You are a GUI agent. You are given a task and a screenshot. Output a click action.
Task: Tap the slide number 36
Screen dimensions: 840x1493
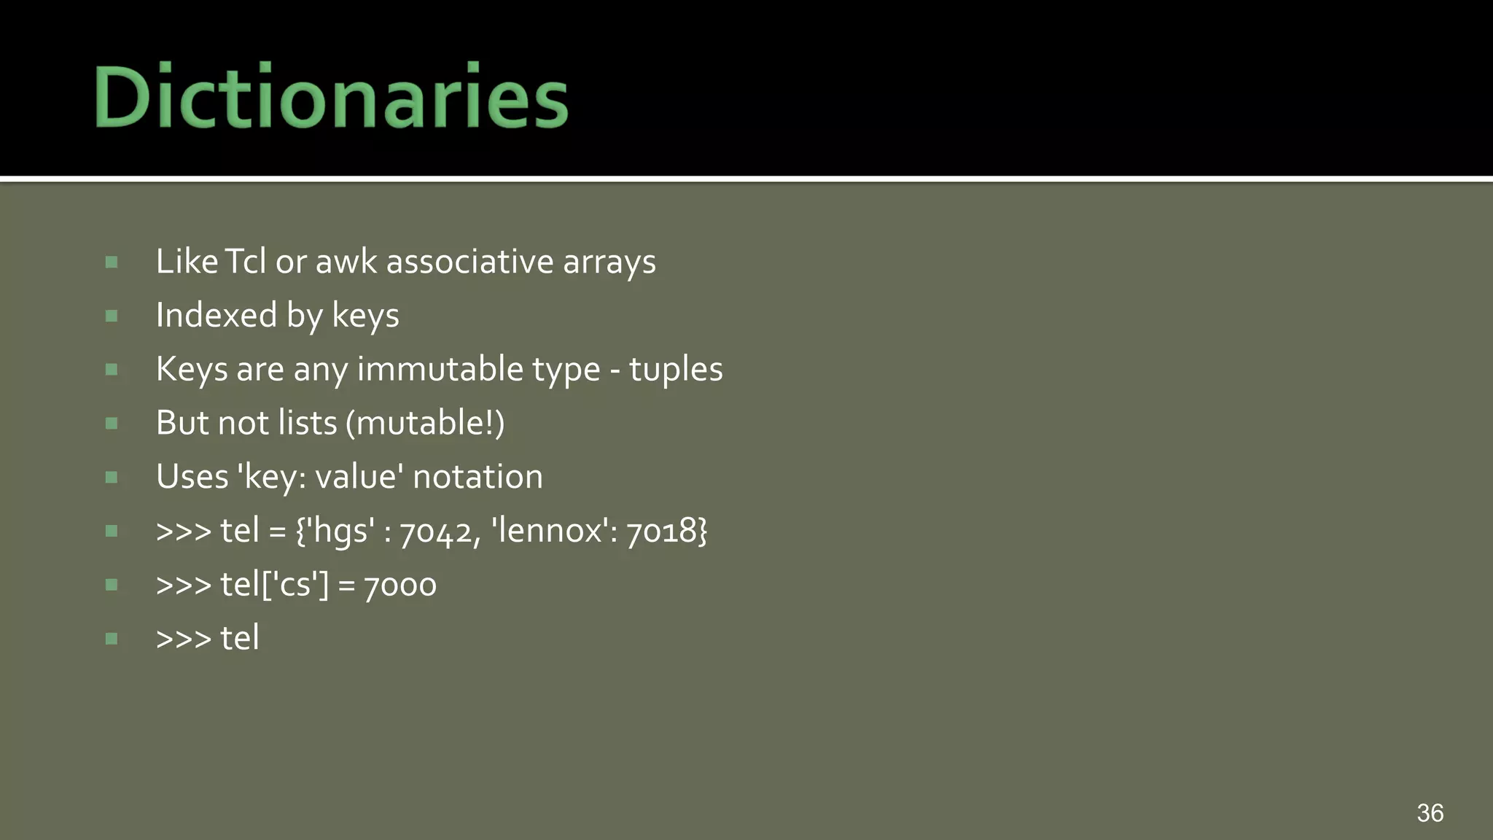click(x=1430, y=812)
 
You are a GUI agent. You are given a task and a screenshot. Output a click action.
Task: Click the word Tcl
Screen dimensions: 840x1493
click(x=245, y=261)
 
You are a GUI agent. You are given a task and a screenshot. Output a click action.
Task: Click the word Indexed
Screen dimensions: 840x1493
click(x=217, y=315)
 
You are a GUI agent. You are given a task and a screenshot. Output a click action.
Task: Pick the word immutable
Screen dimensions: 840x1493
click(x=440, y=368)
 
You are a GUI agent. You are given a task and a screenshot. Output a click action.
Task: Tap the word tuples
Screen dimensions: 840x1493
click(x=675, y=370)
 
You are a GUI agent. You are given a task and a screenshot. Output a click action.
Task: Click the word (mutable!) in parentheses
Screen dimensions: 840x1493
click(x=425, y=423)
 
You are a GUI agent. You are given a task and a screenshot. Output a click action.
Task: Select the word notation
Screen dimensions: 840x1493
click(x=477, y=477)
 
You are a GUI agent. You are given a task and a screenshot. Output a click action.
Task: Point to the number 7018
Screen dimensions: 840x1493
click(x=662, y=531)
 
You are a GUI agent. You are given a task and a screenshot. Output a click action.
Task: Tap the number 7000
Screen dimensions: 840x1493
click(x=399, y=585)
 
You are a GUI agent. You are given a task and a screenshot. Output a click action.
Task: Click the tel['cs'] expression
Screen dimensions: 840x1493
click(x=275, y=584)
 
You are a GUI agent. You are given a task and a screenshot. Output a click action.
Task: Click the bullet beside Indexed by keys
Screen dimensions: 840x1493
click(x=112, y=316)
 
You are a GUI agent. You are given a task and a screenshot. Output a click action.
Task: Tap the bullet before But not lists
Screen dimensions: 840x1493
click(x=112, y=423)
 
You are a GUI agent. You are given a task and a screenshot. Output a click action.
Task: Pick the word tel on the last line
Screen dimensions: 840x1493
click(x=239, y=638)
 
